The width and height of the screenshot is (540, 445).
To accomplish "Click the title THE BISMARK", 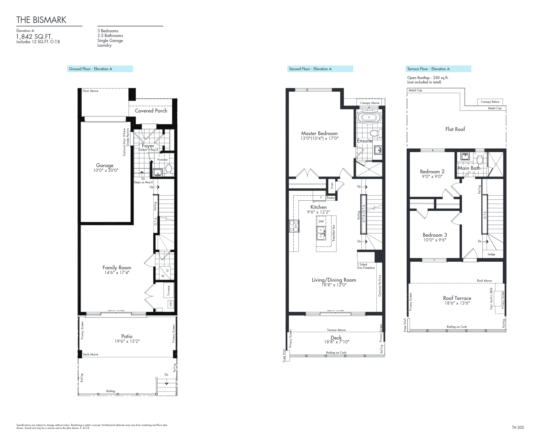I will pos(41,20).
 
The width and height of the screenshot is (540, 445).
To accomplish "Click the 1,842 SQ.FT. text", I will pos(34,36).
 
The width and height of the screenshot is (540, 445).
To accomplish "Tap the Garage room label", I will pos(105,165).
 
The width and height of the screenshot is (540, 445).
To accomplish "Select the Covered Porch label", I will pos(151,111).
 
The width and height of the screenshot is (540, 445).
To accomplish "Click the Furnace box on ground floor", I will pos(169,290).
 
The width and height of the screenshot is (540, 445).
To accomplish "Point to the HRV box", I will pos(171,304).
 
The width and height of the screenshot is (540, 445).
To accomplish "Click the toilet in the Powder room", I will pos(169,169).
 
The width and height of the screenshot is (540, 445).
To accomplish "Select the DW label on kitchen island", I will pos(321,221).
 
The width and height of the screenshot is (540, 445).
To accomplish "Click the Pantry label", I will pos(331,198).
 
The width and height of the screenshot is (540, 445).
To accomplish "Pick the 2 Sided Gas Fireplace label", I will pos(366,266).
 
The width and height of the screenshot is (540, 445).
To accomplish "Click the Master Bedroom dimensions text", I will pos(319,138).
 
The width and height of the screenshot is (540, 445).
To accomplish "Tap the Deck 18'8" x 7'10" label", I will pos(336,340).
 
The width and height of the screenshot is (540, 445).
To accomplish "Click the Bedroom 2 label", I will pos(432,172).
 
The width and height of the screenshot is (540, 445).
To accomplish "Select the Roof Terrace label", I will pos(457,298).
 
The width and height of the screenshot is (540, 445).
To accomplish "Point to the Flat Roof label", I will pos(455,129).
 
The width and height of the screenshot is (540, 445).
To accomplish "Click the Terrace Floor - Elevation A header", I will pos(428,69).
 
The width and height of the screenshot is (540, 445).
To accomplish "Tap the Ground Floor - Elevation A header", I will pos(90,69).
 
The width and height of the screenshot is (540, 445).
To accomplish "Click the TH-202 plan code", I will pos(518,427).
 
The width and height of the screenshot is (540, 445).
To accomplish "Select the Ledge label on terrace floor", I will pos(491,254).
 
